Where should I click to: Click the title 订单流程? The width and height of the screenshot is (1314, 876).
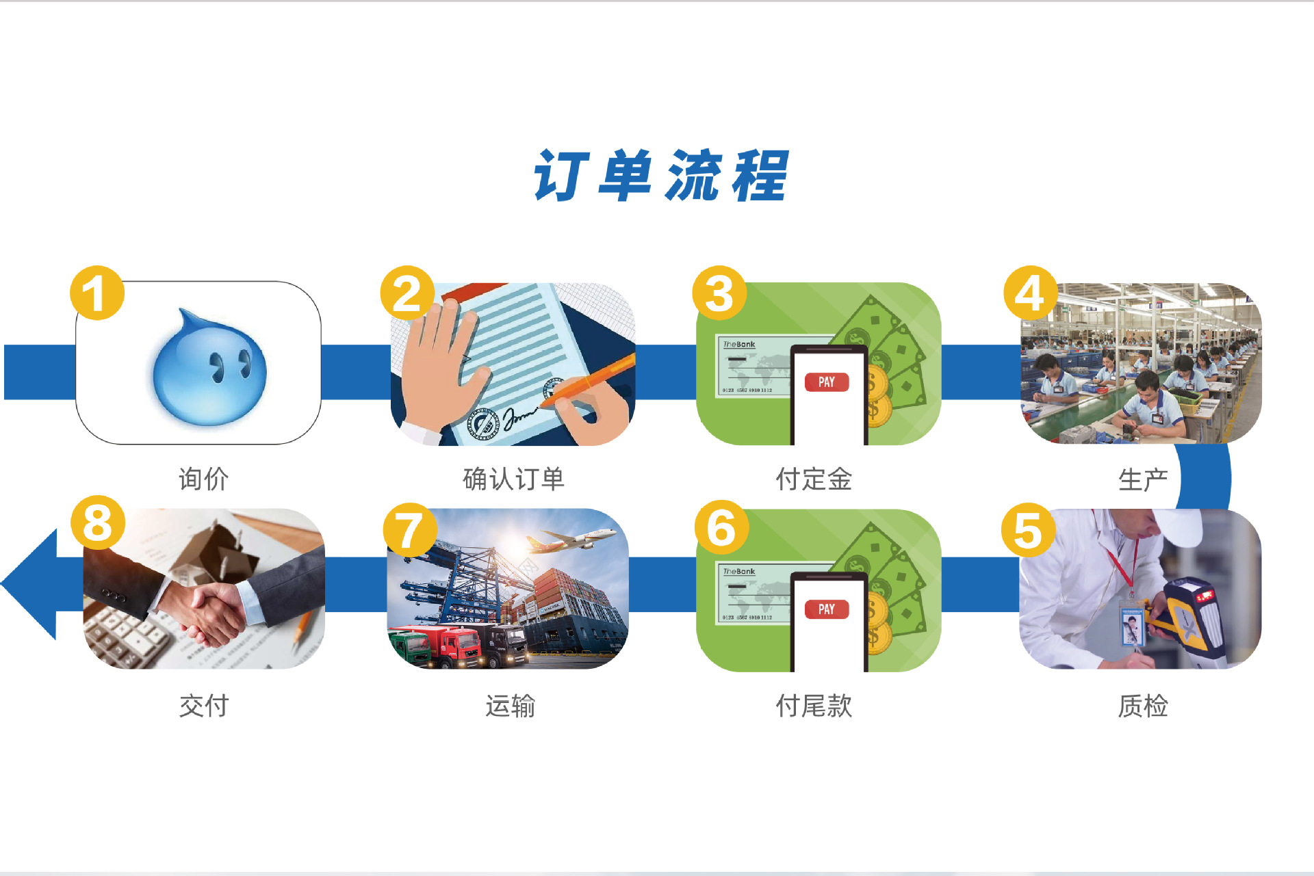pyautogui.click(x=660, y=176)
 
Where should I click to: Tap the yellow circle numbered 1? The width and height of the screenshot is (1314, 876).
pyautogui.click(x=97, y=293)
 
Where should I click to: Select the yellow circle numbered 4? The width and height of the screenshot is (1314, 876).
pyautogui.click(x=1031, y=293)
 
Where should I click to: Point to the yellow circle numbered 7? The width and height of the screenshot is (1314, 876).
pyautogui.click(x=410, y=530)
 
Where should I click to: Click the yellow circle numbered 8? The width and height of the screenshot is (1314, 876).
pyautogui.click(x=98, y=522)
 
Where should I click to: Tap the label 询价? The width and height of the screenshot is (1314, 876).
pyautogui.click(x=203, y=479)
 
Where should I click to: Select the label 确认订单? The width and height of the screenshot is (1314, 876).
pyautogui.click(x=513, y=479)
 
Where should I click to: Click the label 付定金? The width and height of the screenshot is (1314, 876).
pyautogui.click(x=814, y=479)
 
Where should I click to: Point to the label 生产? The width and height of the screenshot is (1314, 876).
pyautogui.click(x=1143, y=479)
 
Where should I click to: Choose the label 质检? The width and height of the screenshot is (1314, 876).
pyautogui.click(x=1143, y=706)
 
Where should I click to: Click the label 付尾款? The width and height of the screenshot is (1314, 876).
pyautogui.click(x=814, y=706)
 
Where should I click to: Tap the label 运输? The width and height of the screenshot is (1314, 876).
pyautogui.click(x=511, y=706)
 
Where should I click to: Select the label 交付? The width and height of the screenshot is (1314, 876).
pyautogui.click(x=203, y=706)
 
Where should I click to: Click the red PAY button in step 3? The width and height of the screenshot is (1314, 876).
pyautogui.click(x=827, y=382)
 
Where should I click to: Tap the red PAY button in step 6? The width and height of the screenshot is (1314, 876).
pyautogui.click(x=827, y=609)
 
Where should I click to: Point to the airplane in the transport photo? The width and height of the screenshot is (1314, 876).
pyautogui.click(x=569, y=540)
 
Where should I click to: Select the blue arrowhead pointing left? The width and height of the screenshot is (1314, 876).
pyautogui.click(x=29, y=584)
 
